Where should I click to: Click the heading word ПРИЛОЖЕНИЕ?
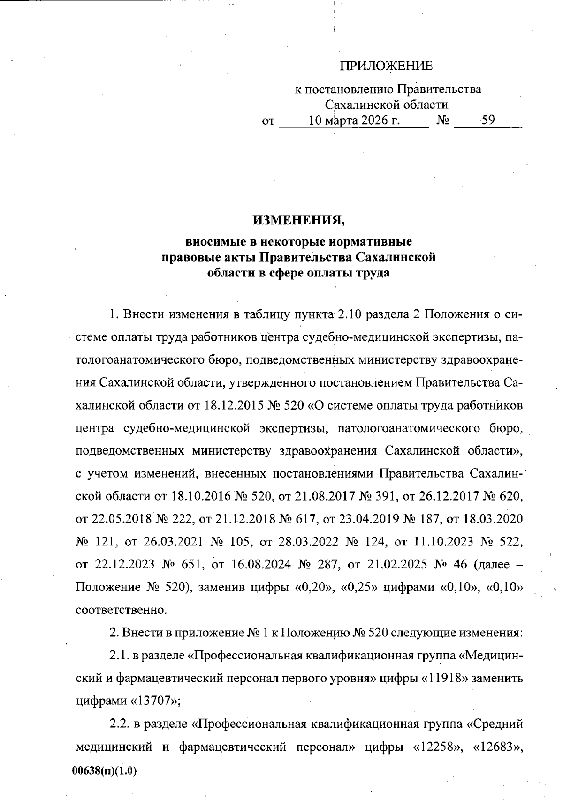tap(386, 66)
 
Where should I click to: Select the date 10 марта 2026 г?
tap(354, 120)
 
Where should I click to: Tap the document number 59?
tap(488, 120)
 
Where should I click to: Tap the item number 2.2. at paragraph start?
tap(119, 725)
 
